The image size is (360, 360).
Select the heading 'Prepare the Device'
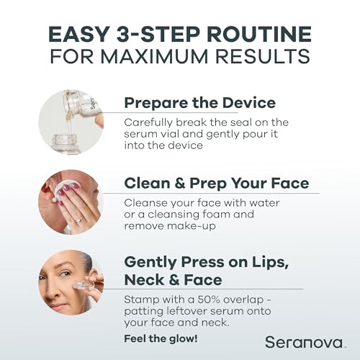[x=199, y=102]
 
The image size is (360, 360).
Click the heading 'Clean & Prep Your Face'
[x=216, y=183]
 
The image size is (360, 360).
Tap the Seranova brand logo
[x=295, y=341]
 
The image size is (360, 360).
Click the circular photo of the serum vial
[x=71, y=120]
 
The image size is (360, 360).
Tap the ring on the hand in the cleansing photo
[x=79, y=218]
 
